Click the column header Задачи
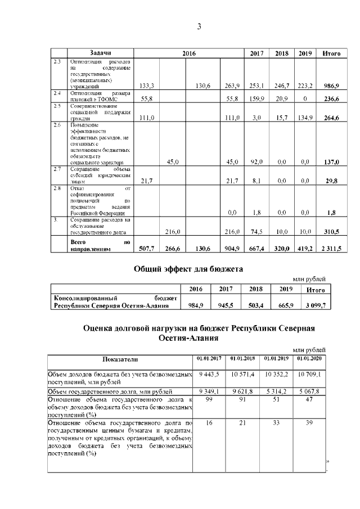coord(100,53)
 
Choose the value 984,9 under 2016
coord(196,307)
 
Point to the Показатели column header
coord(119,359)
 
